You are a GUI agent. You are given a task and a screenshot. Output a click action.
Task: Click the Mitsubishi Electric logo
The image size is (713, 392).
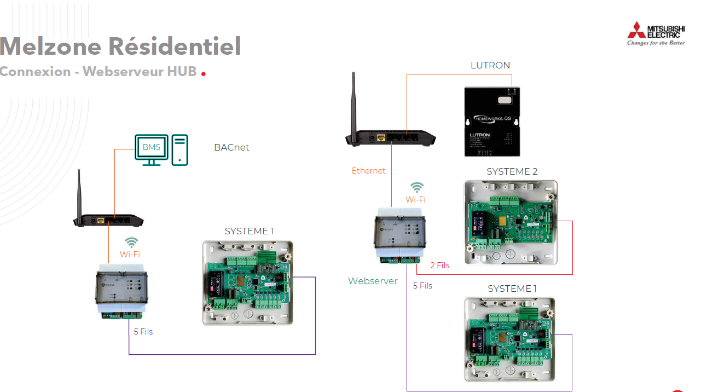coord(656,34)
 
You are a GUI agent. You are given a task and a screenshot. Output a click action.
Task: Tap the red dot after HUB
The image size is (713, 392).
coord(204,73)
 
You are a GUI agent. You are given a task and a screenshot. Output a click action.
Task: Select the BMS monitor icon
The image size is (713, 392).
coord(152,149)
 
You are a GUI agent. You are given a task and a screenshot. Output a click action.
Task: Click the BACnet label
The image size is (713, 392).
coord(231,147)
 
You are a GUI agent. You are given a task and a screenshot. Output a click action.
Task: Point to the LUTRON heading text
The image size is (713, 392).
coord(490,65)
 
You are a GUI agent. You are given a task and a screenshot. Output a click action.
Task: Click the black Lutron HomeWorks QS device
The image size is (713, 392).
coord(492,121)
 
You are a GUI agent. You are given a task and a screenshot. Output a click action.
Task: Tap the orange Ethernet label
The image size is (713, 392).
coord(368,171)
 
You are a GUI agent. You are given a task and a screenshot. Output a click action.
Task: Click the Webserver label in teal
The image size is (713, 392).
coord(373,281)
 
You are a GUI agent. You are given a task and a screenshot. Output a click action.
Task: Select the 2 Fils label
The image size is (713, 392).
coord(439,266)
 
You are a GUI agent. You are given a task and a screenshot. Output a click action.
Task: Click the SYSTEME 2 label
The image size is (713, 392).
coord(512,171)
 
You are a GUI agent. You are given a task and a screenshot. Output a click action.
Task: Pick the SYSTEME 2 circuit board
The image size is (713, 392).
coord(511,222)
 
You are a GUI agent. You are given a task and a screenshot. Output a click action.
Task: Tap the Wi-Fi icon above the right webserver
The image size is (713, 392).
coord(417,188)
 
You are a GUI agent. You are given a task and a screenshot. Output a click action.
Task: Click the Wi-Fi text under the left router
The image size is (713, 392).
coord(130,255)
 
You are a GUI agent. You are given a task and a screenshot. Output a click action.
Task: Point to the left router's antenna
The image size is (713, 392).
coord(79,192)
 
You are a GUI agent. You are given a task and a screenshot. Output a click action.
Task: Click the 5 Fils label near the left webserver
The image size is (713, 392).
coord(143,332)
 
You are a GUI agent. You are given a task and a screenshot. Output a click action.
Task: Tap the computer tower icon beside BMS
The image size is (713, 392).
coord(179,149)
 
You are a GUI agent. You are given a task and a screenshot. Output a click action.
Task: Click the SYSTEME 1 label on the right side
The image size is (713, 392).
coord(512,289)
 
